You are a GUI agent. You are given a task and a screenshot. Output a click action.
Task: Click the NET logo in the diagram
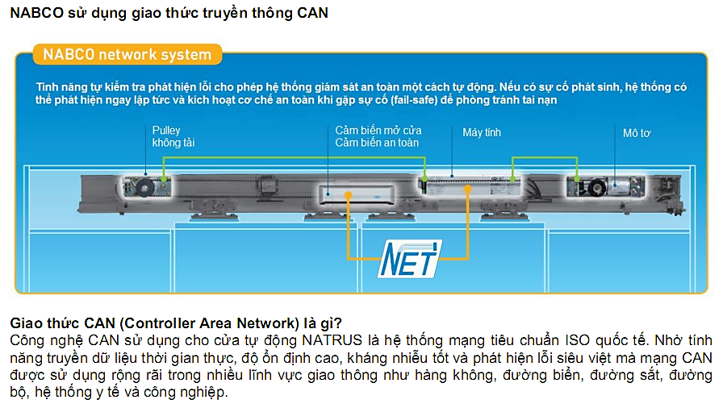(411, 260)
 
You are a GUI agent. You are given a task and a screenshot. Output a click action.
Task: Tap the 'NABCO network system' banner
(127, 55)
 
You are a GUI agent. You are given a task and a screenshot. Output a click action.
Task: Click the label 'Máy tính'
(482, 132)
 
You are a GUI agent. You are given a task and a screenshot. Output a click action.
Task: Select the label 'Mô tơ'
(636, 132)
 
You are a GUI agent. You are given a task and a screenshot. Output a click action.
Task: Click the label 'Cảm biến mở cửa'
(378, 130)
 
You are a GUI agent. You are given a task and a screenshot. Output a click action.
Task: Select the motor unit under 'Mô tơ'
(598, 186)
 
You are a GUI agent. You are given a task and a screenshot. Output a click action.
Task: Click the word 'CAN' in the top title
(312, 13)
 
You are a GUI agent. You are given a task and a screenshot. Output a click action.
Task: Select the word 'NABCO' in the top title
(33, 13)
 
